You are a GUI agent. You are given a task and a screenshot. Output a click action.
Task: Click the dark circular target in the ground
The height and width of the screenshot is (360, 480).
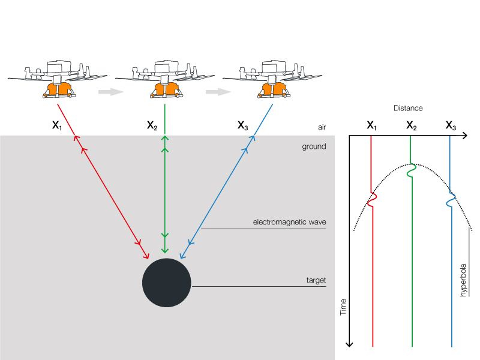tap(166, 283)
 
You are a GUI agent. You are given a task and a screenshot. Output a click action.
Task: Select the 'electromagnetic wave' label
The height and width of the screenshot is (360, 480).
tap(289, 223)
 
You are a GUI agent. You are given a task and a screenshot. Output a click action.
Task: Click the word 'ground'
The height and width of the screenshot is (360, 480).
tap(314, 146)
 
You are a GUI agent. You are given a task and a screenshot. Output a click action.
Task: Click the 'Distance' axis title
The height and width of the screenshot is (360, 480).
tap(408, 109)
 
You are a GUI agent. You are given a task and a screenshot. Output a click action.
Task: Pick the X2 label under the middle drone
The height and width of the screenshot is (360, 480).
tap(152, 126)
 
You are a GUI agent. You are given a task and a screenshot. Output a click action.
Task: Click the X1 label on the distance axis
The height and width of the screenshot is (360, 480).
tap(372, 126)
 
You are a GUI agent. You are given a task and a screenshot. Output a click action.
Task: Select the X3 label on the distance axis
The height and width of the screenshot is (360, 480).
tap(451, 126)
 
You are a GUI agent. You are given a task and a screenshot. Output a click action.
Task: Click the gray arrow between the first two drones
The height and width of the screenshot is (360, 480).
tap(110, 92)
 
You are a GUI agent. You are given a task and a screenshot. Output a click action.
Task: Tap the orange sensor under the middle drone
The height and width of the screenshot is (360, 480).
tap(164, 89)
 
